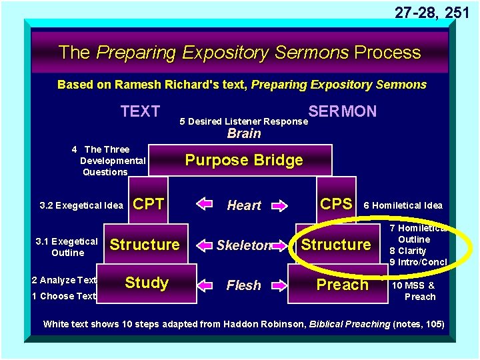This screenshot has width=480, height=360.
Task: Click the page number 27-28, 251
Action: [x=433, y=12]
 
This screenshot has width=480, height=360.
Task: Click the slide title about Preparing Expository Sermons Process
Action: [x=239, y=52]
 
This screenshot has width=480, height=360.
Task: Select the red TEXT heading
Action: [x=140, y=111]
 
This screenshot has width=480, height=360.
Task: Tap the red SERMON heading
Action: [x=342, y=111]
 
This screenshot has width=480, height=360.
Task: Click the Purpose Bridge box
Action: [x=243, y=160]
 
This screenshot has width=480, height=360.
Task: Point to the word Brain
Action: [x=243, y=133]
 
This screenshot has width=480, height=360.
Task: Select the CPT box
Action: [x=149, y=204]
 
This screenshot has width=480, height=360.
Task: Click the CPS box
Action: [x=337, y=204]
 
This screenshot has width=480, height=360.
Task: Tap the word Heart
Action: [x=244, y=205]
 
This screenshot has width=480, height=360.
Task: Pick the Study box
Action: [x=147, y=283]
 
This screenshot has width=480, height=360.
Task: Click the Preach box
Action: [x=342, y=285]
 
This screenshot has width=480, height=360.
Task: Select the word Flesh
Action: [x=244, y=285]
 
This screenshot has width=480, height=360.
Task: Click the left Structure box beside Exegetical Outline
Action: [x=145, y=245]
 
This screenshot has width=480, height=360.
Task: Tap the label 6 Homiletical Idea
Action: [x=402, y=205]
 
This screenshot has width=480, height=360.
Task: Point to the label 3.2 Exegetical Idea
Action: [x=81, y=205]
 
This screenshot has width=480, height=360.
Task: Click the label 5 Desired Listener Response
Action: [x=244, y=121]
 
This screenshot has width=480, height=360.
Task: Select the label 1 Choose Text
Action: [x=64, y=296]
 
